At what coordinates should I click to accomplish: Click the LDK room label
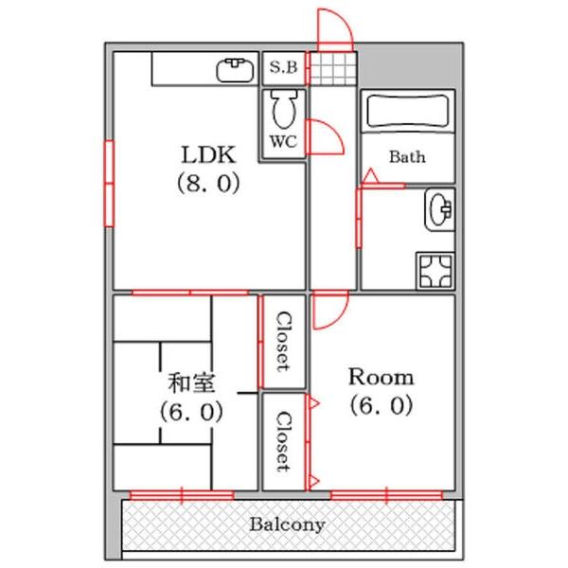click(x=208, y=154)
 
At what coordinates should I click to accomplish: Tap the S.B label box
click(x=283, y=67)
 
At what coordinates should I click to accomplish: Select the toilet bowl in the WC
click(x=283, y=111)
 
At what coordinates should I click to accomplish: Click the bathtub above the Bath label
click(x=407, y=113)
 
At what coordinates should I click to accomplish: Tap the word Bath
click(x=407, y=157)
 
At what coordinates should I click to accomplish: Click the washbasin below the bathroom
click(x=439, y=211)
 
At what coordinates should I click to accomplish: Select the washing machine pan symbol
click(x=435, y=271)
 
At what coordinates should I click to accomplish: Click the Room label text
click(x=380, y=377)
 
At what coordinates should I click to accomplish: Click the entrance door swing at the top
click(x=334, y=28)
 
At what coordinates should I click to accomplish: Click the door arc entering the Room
click(x=330, y=311)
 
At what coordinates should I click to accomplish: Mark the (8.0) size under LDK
click(x=208, y=184)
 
